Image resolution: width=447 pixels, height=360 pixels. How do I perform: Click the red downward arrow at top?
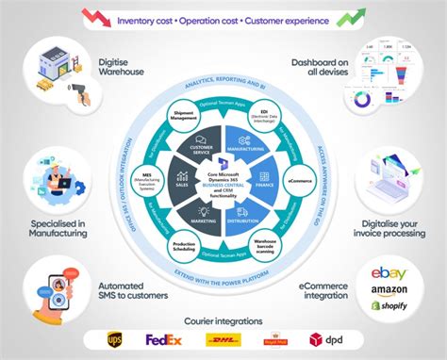pos(95,17)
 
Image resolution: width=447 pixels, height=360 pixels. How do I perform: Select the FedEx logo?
pos(163,337)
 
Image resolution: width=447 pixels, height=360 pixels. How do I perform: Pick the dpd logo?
pos(324,337)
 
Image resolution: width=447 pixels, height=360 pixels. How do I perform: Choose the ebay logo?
pos(390,273)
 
